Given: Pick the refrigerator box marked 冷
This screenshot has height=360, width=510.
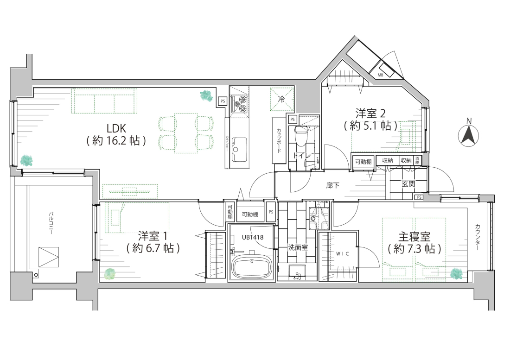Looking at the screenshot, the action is click(282, 100).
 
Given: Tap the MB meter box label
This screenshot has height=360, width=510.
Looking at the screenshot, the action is click(380, 75).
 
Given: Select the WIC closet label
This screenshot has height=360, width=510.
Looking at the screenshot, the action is click(343, 254).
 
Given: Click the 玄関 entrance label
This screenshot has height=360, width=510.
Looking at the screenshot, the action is click(408, 184).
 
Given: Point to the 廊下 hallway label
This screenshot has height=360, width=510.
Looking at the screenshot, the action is click(332, 185).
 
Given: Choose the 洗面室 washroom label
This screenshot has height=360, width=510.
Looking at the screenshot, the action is click(298, 247).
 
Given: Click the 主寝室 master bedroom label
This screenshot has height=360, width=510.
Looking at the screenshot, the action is click(414, 237).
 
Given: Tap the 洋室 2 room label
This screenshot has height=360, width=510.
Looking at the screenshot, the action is click(370, 114).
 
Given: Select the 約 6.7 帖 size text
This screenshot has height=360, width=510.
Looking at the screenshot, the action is click(153, 248).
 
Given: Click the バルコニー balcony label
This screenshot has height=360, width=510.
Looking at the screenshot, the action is click(51, 223).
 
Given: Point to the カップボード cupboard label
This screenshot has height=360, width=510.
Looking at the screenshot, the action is click(279, 140).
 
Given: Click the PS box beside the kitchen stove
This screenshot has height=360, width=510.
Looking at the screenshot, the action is click(223, 101).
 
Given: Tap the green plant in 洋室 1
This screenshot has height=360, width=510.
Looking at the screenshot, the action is click(109, 274).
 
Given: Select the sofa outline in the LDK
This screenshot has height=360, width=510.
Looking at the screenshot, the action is click(104, 101).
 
